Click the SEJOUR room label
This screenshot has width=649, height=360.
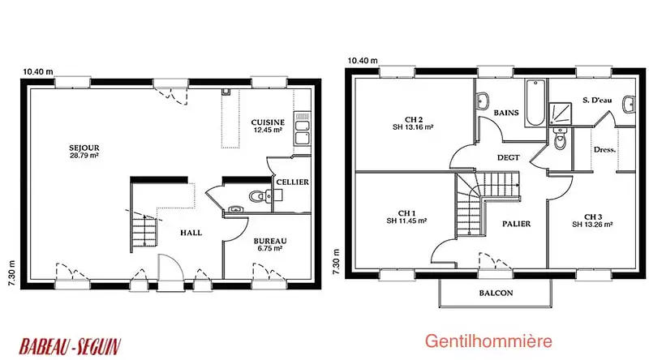[84, 152]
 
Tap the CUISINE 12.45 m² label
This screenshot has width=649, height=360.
[268, 126]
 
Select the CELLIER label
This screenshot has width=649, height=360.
[293, 182]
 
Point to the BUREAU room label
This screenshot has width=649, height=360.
[270, 244]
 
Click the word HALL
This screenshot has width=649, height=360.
[191, 233]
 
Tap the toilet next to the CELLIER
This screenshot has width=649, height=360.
[260, 195]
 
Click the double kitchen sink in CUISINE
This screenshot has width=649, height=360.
[302, 128]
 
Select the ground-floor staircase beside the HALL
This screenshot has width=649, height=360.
[144, 231]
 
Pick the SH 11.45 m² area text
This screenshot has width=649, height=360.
[406, 221]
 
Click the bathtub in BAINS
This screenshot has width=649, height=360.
[535, 103]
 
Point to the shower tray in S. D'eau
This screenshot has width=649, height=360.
[560, 114]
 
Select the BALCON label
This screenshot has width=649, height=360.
[496, 293]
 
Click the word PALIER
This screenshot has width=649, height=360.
[516, 224]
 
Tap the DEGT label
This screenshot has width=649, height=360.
[509, 157]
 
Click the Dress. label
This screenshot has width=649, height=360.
[604, 150]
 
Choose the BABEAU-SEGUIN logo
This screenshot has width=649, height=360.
[70, 346]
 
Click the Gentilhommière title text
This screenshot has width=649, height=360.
[488, 341]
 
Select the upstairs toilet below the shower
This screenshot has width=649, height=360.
[560, 139]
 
